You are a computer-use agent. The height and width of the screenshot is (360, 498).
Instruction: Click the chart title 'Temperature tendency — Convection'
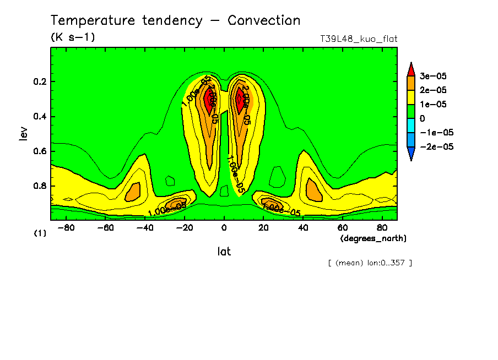175,21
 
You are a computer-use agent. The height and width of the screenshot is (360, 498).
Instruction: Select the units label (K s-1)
73,37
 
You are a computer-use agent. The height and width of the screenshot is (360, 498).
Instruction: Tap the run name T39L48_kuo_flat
359,39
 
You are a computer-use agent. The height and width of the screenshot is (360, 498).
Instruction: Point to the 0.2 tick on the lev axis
40,82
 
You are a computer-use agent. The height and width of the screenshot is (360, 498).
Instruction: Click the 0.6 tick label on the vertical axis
40,151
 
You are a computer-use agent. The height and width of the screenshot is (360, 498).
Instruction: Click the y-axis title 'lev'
23,133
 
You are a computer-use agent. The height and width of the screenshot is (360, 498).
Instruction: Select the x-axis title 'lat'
224,252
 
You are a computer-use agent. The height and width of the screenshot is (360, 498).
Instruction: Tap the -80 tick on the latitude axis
66,227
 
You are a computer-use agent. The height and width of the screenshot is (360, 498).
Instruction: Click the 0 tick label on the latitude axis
224,227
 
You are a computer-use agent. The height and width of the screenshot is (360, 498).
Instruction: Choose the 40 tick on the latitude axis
302,227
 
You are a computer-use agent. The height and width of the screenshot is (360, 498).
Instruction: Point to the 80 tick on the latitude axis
381,227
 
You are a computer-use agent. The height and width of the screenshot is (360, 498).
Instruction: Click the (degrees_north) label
373,238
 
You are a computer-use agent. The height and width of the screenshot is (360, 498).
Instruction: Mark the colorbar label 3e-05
433,76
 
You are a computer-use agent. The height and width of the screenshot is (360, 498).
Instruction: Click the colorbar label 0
423,118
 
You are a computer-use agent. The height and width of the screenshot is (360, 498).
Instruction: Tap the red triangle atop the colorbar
410,68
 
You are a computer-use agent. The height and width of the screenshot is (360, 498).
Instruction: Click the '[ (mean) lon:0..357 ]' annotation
370,263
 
